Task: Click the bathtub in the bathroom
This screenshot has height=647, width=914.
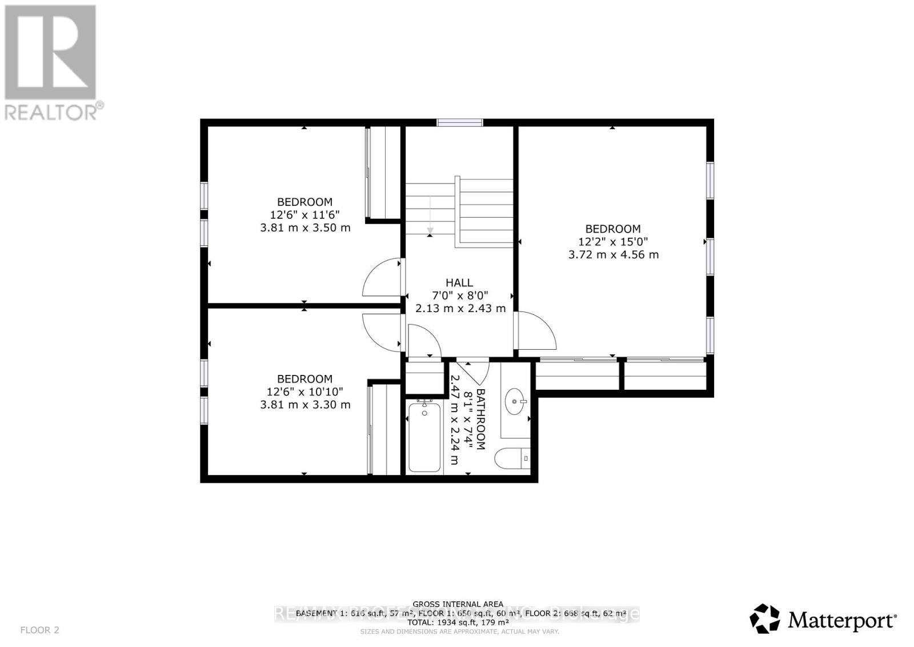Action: pos(424,437)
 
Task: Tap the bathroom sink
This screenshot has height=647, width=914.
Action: pos(516,401)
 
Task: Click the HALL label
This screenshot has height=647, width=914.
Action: pos(459,282)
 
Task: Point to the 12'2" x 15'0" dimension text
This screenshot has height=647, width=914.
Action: pos(613,242)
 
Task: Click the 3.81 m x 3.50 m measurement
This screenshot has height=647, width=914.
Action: pos(305,227)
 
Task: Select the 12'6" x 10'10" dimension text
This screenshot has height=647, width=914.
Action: pos(305,392)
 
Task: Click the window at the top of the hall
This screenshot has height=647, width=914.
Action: pos(460,122)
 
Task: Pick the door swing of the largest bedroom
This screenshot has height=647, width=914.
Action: pos(536,332)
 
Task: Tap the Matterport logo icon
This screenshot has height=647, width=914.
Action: pos(765,618)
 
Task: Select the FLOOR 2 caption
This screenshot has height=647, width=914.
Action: pos(39,630)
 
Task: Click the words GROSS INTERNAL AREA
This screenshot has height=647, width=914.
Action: pos(458,604)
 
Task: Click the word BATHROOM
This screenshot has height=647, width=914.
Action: pos(480,419)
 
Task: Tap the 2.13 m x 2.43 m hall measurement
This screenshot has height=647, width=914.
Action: pos(460,309)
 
